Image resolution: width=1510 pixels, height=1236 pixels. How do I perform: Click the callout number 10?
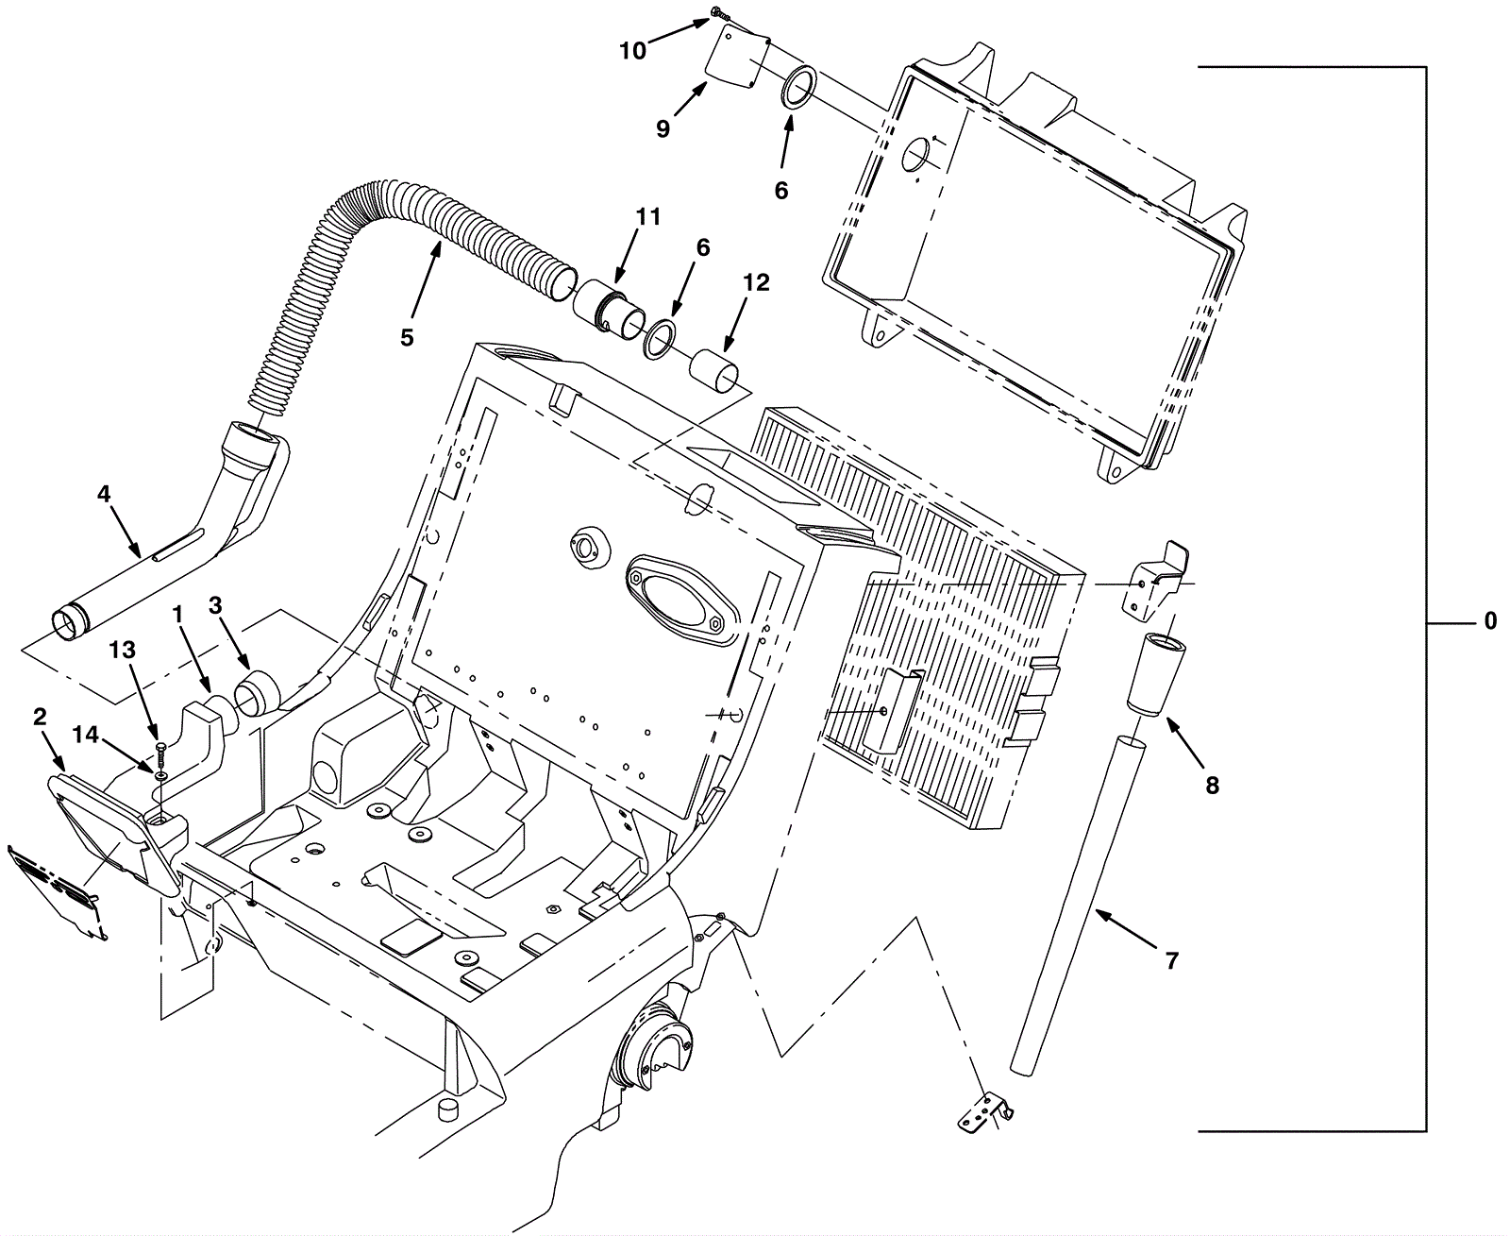[632, 51]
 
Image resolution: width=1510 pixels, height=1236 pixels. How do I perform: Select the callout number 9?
[663, 129]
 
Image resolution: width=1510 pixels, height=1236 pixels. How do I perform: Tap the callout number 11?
[648, 216]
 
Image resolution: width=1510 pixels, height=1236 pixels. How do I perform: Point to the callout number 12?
[756, 282]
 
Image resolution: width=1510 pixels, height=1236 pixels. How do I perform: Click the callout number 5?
[407, 337]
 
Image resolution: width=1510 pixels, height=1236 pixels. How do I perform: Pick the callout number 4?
[104, 494]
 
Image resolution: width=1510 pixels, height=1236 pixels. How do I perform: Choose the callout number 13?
[122, 650]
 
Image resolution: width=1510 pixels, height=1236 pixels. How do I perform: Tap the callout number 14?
[85, 735]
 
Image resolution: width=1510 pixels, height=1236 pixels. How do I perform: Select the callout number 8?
[1212, 786]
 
